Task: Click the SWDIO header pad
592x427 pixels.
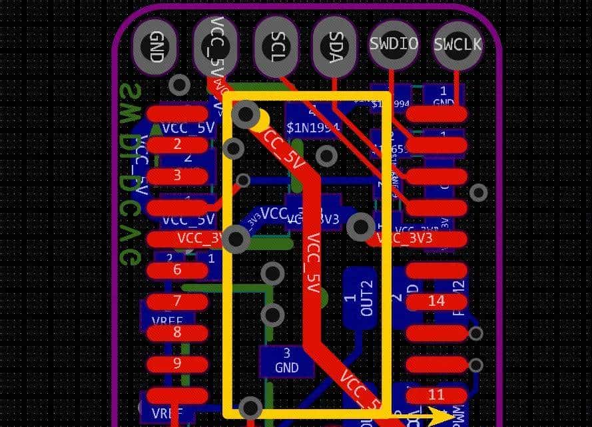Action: click(x=394, y=44)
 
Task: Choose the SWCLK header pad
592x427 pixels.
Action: click(x=457, y=44)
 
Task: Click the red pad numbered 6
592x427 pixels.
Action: click(x=176, y=270)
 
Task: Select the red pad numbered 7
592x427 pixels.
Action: click(x=176, y=301)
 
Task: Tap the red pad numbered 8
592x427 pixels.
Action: click(x=176, y=332)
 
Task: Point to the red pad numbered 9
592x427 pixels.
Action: click(x=176, y=363)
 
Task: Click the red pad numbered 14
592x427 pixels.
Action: click(x=436, y=301)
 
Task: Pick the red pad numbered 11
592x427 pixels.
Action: click(x=436, y=395)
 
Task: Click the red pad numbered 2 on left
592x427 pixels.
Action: click(x=176, y=144)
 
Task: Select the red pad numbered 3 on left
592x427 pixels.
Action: click(x=176, y=176)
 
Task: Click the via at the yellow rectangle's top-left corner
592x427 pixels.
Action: click(x=246, y=115)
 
